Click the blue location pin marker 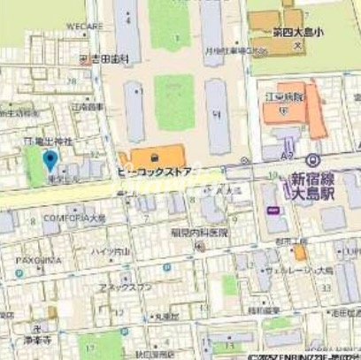click(x=50, y=161)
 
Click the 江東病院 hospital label click(x=284, y=95)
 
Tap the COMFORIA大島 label click(x=74, y=217)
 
